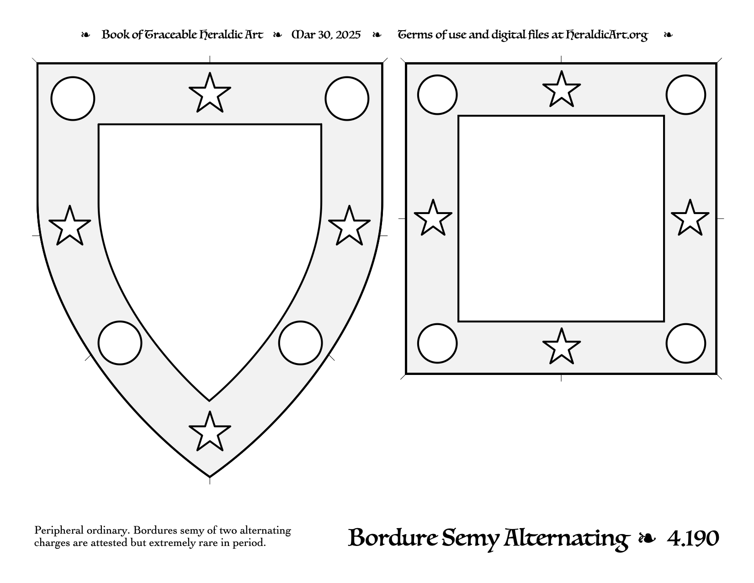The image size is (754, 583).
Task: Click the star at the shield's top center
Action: click(x=210, y=94)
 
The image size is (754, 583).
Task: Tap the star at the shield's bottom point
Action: click(x=210, y=432)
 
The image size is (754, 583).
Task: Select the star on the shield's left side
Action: click(x=70, y=227)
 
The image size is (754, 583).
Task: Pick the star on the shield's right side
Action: click(x=349, y=227)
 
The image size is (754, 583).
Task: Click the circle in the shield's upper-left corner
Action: click(x=73, y=99)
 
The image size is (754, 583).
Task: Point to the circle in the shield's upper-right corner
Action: click(x=347, y=99)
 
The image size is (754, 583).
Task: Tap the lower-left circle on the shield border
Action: click(x=120, y=343)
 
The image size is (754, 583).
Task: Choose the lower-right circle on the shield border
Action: click(x=301, y=343)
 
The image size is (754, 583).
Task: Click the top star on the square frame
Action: click(x=562, y=90)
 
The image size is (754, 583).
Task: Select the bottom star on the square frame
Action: click(x=562, y=347)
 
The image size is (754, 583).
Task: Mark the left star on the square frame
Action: click(x=433, y=219)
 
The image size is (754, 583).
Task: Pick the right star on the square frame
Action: click(x=690, y=219)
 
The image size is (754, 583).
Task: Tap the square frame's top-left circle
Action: click(x=437, y=95)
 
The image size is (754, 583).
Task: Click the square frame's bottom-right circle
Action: click(x=686, y=343)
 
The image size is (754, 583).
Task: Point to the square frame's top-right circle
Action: click(x=686, y=95)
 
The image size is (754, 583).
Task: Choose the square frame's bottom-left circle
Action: click(x=437, y=343)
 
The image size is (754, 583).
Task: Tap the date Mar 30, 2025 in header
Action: click(x=326, y=35)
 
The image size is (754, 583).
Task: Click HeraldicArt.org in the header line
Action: click(x=607, y=35)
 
